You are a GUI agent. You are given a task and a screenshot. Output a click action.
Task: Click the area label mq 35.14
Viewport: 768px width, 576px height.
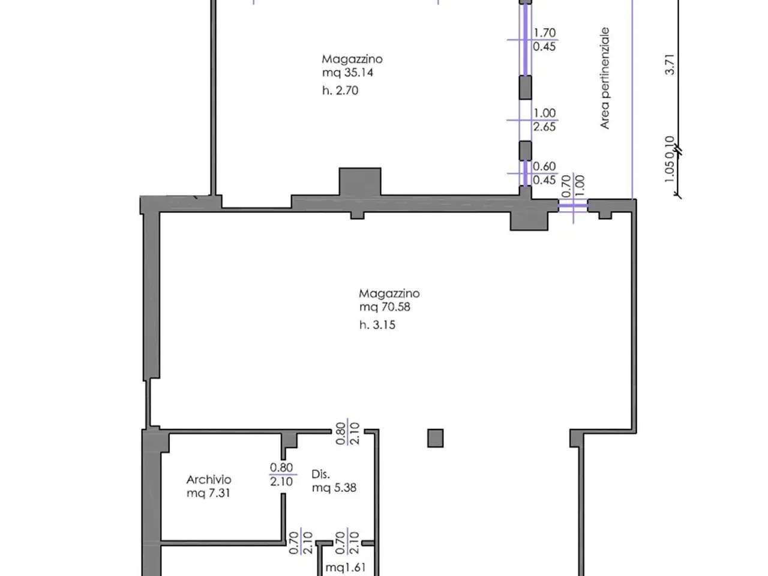click(x=347, y=73)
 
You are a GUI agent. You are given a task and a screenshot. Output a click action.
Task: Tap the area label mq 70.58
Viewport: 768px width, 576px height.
click(x=385, y=307)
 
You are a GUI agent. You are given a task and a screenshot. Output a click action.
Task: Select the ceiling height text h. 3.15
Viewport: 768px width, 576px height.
click(x=377, y=325)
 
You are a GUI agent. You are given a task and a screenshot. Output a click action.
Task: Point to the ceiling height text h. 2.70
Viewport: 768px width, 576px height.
click(x=340, y=91)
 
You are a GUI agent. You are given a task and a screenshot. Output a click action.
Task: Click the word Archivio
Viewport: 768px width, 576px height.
click(x=209, y=479)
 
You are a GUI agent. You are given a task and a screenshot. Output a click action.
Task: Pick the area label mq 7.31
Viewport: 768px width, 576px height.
click(x=209, y=493)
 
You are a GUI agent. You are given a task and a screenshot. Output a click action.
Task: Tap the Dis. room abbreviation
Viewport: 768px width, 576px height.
click(x=320, y=474)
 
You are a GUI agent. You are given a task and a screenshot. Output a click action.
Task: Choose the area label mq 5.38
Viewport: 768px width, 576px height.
click(x=334, y=488)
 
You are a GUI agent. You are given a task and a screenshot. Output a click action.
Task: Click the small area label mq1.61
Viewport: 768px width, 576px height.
click(x=346, y=567)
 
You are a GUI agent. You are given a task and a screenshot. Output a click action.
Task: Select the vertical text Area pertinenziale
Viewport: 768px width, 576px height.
click(x=605, y=78)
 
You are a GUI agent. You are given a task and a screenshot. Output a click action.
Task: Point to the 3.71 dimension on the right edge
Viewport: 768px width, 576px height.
click(x=670, y=65)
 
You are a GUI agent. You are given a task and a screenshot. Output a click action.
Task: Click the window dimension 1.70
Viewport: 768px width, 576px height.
click(x=544, y=33)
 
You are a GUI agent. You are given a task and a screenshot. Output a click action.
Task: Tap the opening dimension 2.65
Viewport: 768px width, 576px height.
click(x=544, y=127)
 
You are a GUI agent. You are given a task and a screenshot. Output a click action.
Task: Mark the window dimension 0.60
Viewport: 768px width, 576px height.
click(x=544, y=166)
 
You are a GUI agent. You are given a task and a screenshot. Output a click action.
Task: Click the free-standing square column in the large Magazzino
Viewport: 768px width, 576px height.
click(x=435, y=438)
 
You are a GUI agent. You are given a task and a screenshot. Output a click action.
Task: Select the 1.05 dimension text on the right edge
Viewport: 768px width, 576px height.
click(x=669, y=172)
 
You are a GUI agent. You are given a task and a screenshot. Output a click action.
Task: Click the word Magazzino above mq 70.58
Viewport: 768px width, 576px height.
click(x=389, y=293)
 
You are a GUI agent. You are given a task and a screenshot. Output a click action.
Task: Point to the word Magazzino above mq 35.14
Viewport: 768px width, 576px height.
click(x=352, y=59)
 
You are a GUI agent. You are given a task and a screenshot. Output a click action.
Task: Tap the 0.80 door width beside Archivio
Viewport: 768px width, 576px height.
click(x=281, y=467)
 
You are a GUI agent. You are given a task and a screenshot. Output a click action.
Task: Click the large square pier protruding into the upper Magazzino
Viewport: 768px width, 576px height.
click(x=360, y=182)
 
